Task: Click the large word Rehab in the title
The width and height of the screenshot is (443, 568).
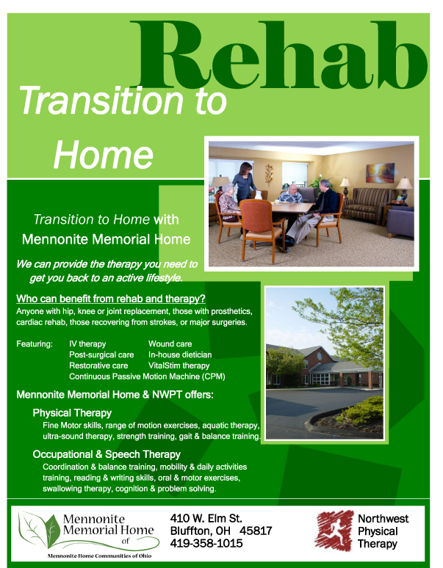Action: [x=279, y=54]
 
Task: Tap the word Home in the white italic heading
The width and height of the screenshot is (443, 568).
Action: [x=104, y=155]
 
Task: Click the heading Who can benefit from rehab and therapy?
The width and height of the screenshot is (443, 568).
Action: [x=111, y=299]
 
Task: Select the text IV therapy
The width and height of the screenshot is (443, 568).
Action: [x=87, y=343]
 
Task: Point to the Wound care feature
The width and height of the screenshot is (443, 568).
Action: [x=170, y=343]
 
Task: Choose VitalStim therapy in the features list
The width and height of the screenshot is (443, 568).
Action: [x=179, y=365]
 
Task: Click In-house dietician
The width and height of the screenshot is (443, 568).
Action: [x=180, y=354]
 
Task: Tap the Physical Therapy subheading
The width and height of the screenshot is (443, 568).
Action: [x=72, y=413]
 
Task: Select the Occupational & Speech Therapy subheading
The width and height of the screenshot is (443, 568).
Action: [x=107, y=454]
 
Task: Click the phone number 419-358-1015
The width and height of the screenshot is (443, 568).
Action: [x=206, y=543]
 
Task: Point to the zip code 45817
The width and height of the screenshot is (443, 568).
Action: [x=256, y=531]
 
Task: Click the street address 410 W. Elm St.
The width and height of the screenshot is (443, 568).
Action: [x=206, y=518]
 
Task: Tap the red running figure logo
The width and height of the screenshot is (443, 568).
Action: [x=334, y=531]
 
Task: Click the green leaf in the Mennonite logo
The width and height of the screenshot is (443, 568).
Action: [x=51, y=531]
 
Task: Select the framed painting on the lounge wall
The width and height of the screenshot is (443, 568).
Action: [x=380, y=172]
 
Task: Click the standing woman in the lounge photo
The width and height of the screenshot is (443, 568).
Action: [x=245, y=183]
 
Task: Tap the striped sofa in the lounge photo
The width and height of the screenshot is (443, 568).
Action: [x=370, y=203]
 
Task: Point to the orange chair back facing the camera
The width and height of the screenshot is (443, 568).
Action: [x=257, y=216]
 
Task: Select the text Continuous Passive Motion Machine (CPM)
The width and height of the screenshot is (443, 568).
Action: [x=147, y=376]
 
